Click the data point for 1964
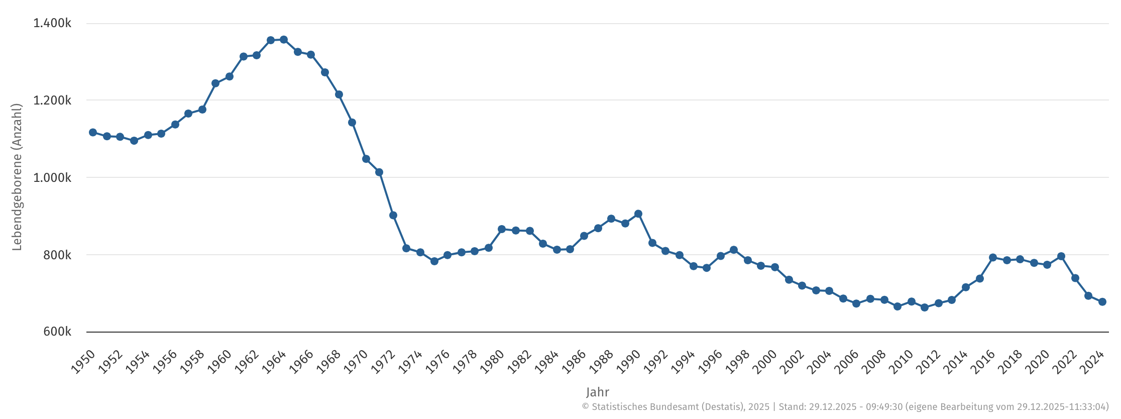[284, 40]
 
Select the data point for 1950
[93, 133]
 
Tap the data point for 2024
[1102, 302]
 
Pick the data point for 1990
[638, 214]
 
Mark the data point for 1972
[393, 216]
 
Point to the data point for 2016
[993, 258]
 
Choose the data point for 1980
[502, 230]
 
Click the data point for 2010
[912, 302]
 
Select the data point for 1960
[230, 77]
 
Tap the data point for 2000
[775, 267]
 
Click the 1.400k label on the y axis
[52, 24]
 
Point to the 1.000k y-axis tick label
[52, 178]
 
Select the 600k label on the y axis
[57, 332]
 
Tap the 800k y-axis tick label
[57, 255]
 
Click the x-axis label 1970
[356, 362]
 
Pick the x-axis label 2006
[846, 362]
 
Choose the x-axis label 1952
[110, 362]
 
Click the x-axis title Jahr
[597, 392]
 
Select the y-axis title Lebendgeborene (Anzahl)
[17, 177]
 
